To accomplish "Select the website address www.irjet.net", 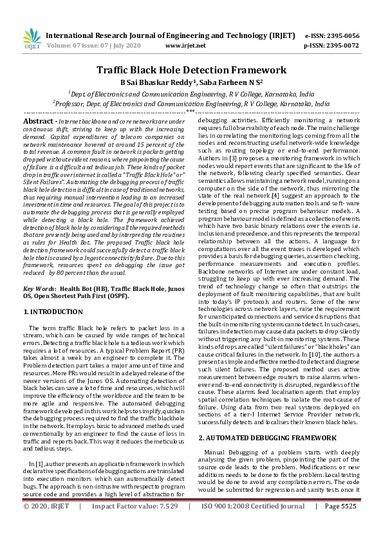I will (x=185, y=46).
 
